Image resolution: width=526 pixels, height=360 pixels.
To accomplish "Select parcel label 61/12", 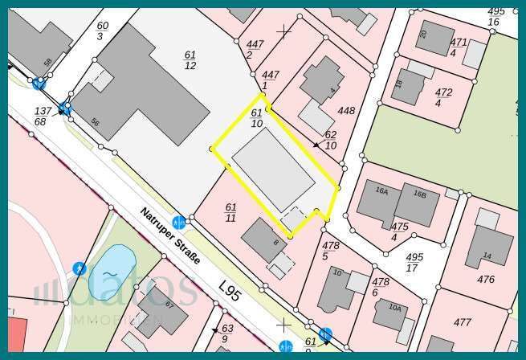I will (190, 59).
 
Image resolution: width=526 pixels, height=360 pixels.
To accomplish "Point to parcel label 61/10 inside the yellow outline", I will (256, 118).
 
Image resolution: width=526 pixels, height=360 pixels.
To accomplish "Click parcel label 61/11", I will (230, 212).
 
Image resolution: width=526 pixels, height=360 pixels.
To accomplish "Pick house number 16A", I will (382, 191).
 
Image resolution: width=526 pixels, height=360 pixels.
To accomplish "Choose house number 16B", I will (420, 194).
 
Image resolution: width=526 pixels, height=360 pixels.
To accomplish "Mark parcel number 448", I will (346, 111).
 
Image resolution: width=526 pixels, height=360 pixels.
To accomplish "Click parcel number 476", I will (486, 280).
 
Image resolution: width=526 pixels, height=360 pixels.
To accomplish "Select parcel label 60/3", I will (102, 31).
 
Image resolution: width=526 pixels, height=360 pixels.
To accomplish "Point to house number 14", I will (487, 256).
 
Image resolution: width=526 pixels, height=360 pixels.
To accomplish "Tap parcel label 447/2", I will (255, 49).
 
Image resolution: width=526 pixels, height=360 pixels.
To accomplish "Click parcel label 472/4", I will (443, 97).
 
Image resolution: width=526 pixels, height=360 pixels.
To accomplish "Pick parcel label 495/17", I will (414, 262).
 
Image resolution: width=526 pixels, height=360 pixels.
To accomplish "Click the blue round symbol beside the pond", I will (80, 268).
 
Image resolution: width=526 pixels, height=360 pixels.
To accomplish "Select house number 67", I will (169, 305).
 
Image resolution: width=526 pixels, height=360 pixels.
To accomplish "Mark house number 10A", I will (394, 308).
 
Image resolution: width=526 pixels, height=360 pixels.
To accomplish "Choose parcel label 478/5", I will (330, 250).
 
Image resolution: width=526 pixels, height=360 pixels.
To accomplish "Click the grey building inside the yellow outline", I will (273, 170).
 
